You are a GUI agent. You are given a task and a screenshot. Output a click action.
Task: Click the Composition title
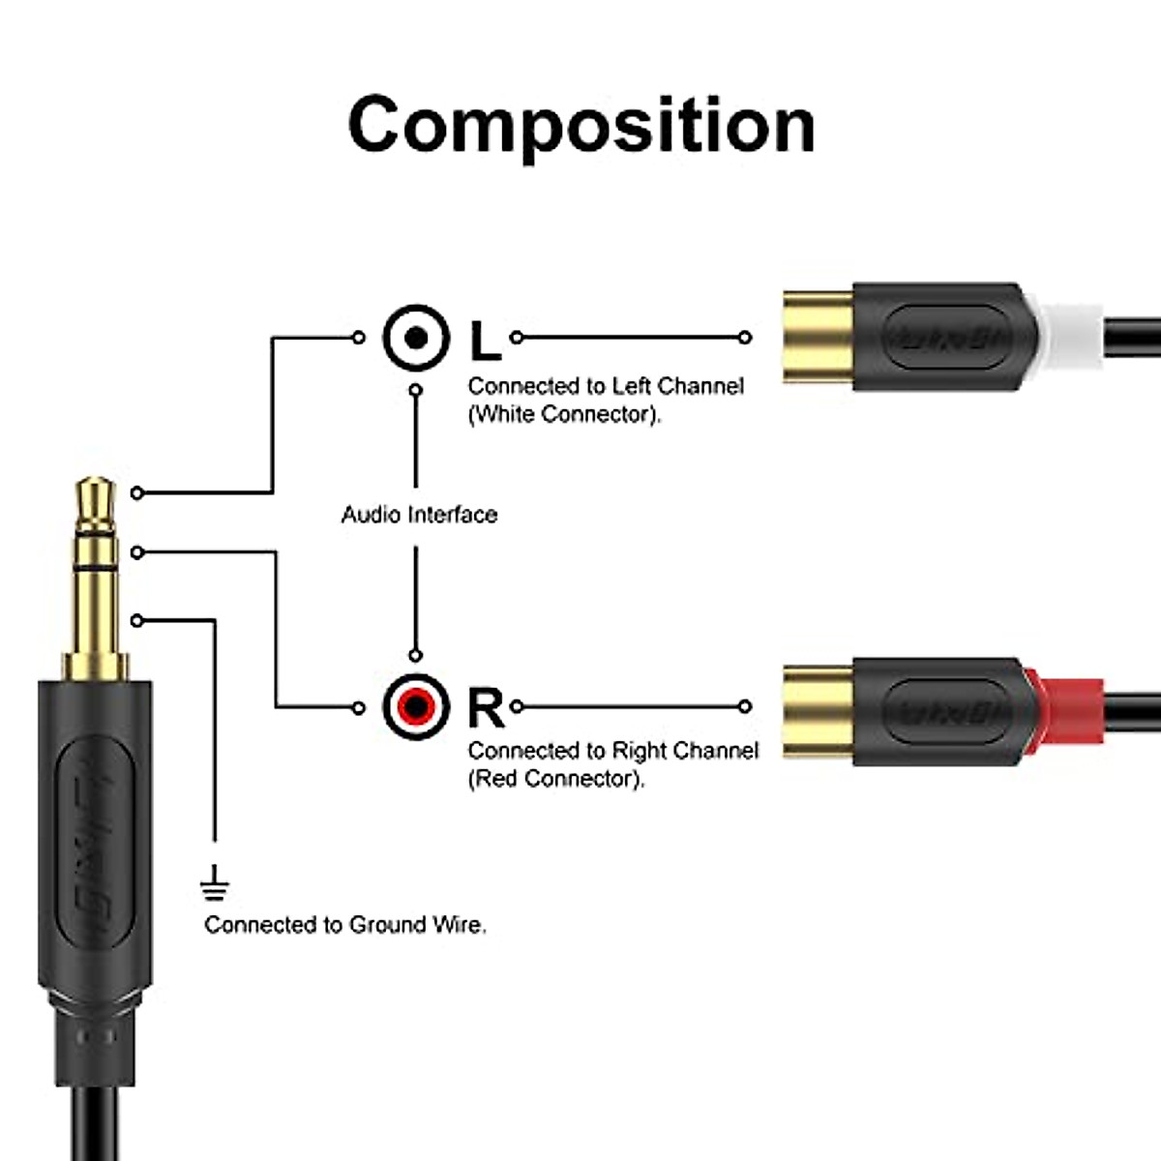click(580, 126)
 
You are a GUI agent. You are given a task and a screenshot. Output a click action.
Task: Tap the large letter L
click(485, 341)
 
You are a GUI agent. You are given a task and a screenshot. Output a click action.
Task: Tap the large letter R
click(486, 707)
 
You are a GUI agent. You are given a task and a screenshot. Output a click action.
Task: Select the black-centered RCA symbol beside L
click(416, 338)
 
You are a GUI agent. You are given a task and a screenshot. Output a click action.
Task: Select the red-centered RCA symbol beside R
click(416, 707)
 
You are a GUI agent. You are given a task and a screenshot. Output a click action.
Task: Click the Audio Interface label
click(419, 515)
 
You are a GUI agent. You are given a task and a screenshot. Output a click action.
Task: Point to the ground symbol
click(214, 883)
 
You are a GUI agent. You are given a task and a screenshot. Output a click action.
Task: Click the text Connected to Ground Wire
click(344, 925)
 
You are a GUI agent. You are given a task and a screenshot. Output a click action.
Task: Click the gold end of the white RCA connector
click(817, 338)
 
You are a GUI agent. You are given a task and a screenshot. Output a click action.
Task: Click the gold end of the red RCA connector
click(817, 712)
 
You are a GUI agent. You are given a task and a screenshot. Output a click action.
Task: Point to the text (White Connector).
click(564, 415)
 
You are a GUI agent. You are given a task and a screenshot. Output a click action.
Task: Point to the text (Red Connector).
click(556, 779)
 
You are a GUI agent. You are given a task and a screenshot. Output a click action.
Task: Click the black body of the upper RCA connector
click(943, 338)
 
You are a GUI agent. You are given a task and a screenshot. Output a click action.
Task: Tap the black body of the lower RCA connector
click(943, 713)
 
